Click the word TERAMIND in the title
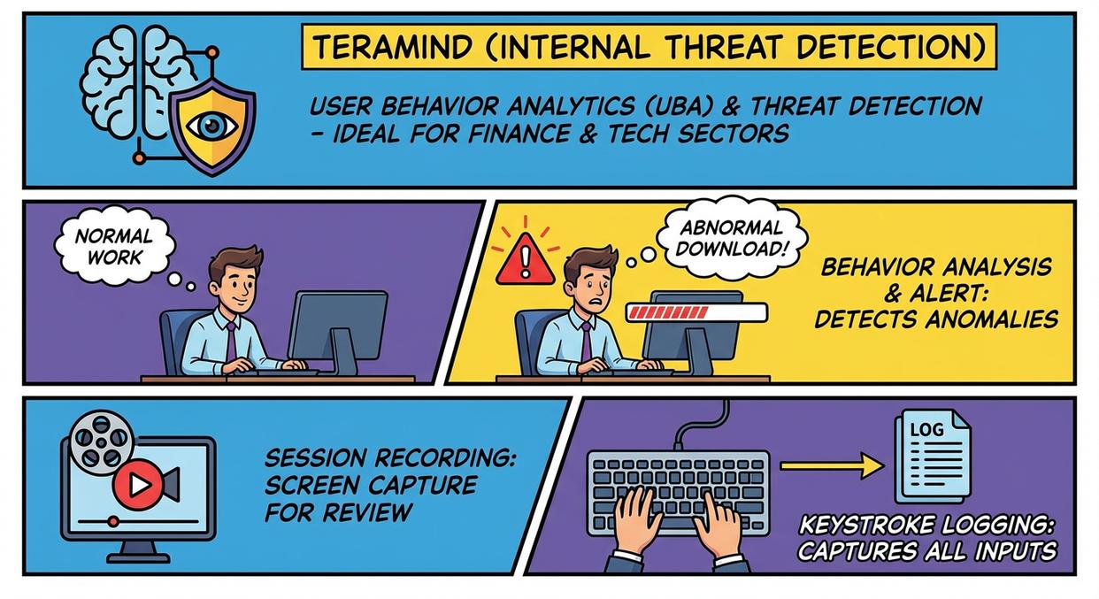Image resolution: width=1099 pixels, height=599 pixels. (392, 47)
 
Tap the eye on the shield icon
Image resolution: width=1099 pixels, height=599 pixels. (212, 126)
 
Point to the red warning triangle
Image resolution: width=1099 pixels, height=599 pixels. (525, 260)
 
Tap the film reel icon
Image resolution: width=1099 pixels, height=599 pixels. (101, 442)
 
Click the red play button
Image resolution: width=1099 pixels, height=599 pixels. (138, 485)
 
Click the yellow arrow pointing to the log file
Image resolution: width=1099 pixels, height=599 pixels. (832, 465)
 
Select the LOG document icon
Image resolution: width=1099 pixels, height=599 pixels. (932, 457)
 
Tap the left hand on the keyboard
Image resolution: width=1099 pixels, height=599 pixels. (636, 524)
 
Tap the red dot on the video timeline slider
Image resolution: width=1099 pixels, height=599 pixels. (113, 521)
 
